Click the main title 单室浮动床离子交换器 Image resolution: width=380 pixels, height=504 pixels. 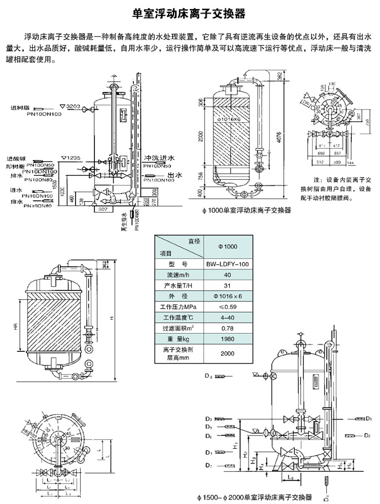pyautogui.click(x=189, y=12)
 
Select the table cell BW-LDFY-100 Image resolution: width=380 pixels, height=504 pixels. pyautogui.click(x=228, y=264)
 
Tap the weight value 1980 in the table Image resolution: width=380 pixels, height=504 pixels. pyautogui.click(x=228, y=339)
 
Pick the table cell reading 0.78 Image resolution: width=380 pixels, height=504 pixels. pyautogui.click(x=228, y=326)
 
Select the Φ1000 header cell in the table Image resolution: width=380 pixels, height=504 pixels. pyautogui.click(x=228, y=246)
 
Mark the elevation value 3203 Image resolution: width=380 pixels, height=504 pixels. pyautogui.click(x=75, y=106)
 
